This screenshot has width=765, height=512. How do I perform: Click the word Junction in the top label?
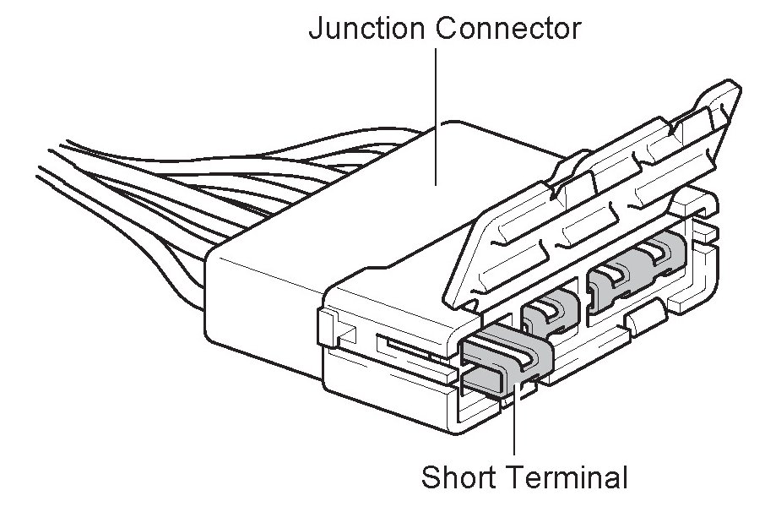(367, 29)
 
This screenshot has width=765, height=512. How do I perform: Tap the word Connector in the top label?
(508, 29)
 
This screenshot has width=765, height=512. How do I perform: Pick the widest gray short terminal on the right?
(637, 271)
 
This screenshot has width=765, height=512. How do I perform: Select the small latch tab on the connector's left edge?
(330, 329)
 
